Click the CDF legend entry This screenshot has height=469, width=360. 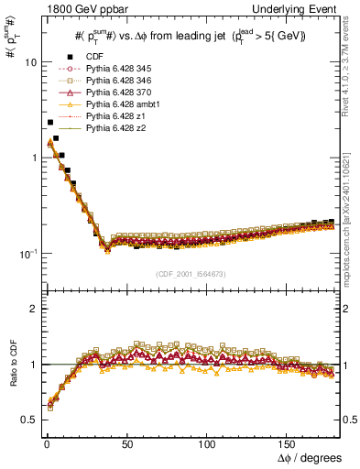[95, 56]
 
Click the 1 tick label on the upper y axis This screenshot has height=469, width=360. [33, 158]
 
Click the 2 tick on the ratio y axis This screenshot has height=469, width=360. [33, 309]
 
